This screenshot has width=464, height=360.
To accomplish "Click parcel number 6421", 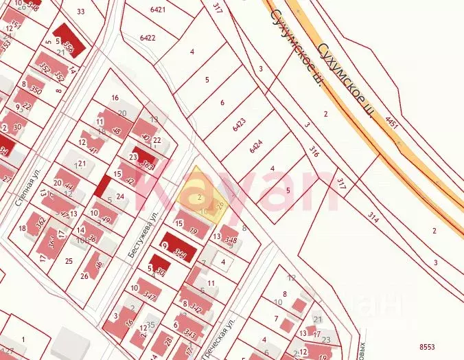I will pos(157,10).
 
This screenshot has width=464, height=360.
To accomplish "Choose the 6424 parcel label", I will pos(257,145).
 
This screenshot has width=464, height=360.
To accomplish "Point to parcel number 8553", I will pos(427,347).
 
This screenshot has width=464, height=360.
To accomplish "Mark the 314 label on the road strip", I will pos(373,217).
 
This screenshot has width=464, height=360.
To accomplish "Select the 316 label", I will pos(314,152).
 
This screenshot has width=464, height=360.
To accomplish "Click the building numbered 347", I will pos(149,296).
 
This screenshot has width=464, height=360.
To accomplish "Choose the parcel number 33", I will pos(81,11).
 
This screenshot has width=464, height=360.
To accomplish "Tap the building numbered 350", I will pos(36,91).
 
